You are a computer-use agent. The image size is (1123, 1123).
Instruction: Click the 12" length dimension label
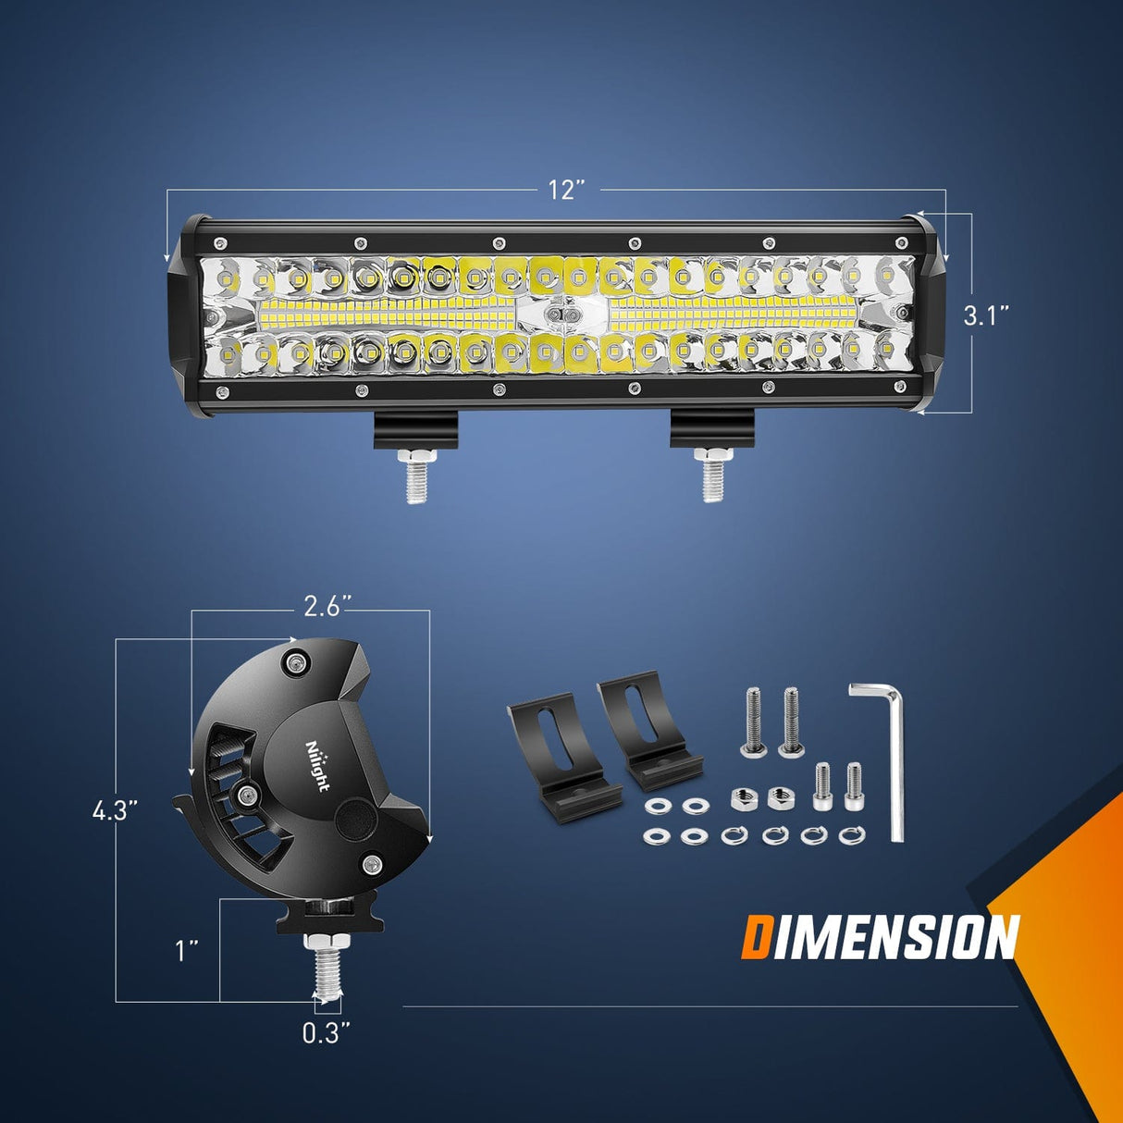(567, 191)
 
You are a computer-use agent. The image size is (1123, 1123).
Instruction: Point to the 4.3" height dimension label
(115, 811)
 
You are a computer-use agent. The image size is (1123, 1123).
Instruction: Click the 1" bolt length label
(189, 950)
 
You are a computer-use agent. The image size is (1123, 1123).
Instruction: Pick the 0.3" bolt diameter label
(327, 1032)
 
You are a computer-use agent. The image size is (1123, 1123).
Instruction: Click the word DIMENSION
(880, 938)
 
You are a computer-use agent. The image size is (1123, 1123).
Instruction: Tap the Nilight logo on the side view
(316, 765)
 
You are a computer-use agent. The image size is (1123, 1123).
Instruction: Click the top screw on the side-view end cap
(296, 662)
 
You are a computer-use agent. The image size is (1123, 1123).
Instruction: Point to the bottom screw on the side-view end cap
(373, 865)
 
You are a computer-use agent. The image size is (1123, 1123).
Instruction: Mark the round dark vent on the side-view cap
(353, 818)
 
